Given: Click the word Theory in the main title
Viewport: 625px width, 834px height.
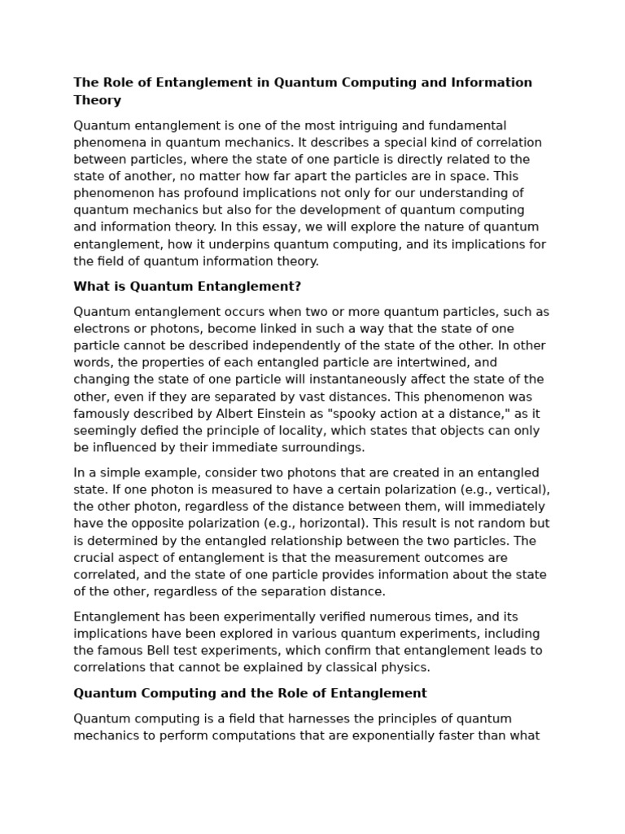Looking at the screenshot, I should coord(97,100).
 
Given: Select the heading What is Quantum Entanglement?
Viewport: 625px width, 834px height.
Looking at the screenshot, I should coord(187,287).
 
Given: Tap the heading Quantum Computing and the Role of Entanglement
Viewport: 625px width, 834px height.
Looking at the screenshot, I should coord(250,693).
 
